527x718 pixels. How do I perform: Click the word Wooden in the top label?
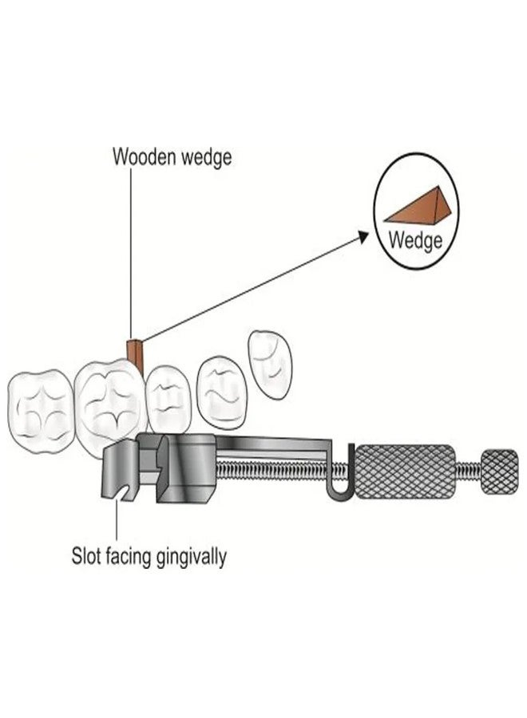(x=144, y=156)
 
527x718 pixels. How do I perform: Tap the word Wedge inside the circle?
(x=415, y=240)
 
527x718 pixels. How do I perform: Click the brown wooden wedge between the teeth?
(x=137, y=353)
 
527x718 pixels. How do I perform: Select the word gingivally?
(x=192, y=558)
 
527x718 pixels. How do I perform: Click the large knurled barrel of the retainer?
(x=406, y=469)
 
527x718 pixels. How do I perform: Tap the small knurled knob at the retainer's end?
(x=500, y=472)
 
